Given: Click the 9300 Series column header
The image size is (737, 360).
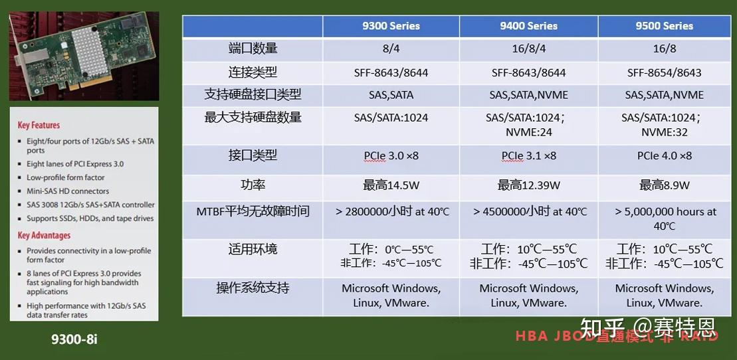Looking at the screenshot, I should tap(391, 27).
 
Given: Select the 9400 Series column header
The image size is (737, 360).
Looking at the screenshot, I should tap(528, 27).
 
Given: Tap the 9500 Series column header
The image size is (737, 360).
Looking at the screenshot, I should tap(664, 27).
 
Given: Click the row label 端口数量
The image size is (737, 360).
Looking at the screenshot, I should tap(253, 48).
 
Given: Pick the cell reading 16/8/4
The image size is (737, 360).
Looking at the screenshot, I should tap(528, 49).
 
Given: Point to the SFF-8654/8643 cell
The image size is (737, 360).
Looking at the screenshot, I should tap(664, 72).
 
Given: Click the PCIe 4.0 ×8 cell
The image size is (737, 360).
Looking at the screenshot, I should tap(664, 156).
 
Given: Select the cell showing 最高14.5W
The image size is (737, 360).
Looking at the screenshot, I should tap(391, 185).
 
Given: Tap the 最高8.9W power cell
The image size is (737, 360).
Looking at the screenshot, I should tap(664, 185).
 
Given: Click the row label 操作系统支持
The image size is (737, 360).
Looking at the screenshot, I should tap(253, 288).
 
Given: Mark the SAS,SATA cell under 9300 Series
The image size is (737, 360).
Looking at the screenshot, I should tap(391, 95).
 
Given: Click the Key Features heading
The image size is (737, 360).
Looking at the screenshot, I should tap(39, 125).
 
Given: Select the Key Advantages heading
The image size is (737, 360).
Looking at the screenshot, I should tap(44, 235).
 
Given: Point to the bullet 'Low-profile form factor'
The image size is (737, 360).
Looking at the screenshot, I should tap(65, 177).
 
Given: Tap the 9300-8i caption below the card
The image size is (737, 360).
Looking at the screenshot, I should tap(74, 339).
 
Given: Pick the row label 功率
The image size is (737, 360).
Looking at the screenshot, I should tap(253, 185).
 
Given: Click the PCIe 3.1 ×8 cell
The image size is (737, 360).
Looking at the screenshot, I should tap(528, 156).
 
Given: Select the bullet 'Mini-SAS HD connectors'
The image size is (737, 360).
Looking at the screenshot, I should tap(67, 191).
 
